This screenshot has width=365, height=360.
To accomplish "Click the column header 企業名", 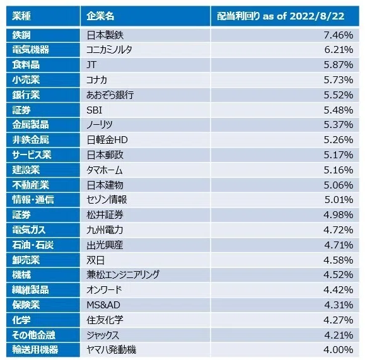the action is pyautogui.click(x=100, y=16).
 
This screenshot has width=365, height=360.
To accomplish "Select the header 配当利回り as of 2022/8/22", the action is pyautogui.click(x=281, y=16).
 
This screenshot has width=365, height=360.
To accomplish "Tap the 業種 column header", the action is pyautogui.click(x=21, y=16).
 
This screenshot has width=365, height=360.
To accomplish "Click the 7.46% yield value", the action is pyautogui.click(x=339, y=35).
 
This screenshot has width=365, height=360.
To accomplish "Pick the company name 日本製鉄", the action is pyautogui.click(x=105, y=35).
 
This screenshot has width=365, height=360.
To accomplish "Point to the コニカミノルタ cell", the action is pyautogui.click(x=109, y=50).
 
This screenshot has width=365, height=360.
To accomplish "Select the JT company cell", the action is pyautogui.click(x=91, y=65).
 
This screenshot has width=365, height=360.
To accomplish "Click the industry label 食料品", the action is pyautogui.click(x=26, y=65).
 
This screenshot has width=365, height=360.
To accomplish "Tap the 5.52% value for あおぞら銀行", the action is pyautogui.click(x=339, y=95).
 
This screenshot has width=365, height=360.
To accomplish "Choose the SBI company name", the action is pyautogui.click(x=95, y=110).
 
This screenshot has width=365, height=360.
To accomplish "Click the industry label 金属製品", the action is pyautogui.click(x=30, y=125).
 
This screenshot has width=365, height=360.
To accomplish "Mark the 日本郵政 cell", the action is pyautogui.click(x=105, y=155).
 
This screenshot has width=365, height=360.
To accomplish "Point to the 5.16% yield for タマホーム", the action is pyautogui.click(x=339, y=170).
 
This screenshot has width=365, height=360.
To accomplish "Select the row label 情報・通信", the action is pyautogui.click(x=33, y=200).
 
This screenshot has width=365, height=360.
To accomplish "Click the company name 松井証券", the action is pyautogui.click(x=105, y=215).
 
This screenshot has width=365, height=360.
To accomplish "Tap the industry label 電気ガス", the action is pyautogui.click(x=29, y=230).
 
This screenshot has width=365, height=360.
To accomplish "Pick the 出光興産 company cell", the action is pyautogui.click(x=105, y=245).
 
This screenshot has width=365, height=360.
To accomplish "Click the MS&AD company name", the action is pyautogui.click(x=103, y=305).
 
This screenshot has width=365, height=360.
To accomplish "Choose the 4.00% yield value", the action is pyautogui.click(x=339, y=350).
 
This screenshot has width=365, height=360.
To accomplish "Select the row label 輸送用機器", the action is pyautogui.click(x=35, y=350).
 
